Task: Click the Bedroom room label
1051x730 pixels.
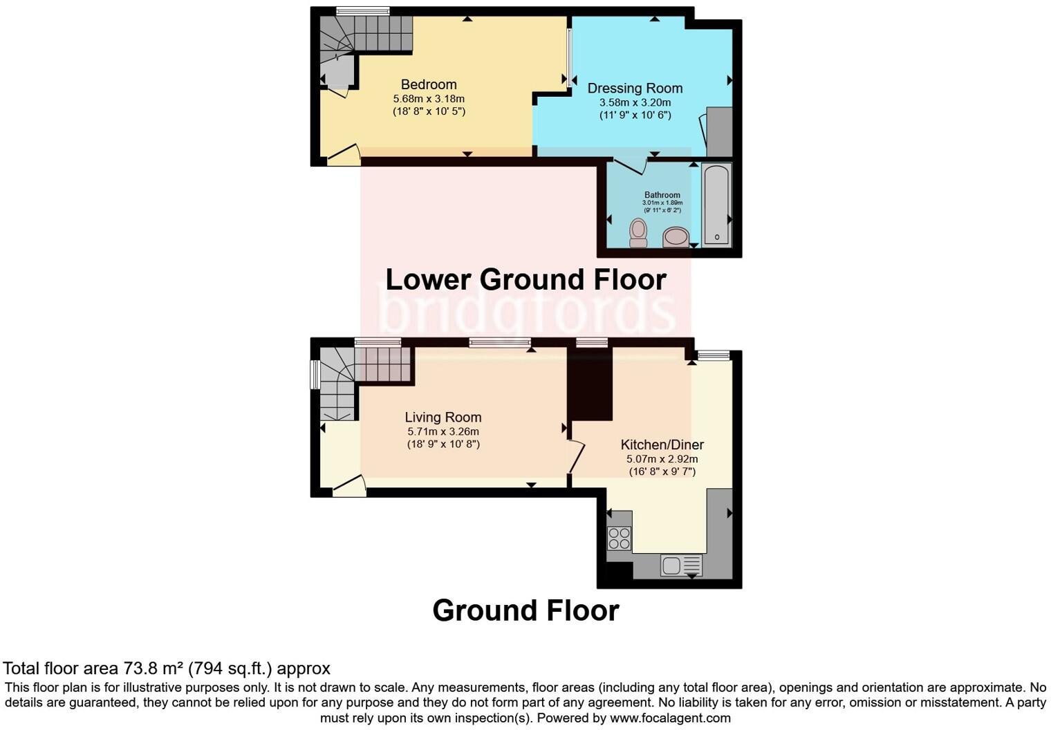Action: point(429,85)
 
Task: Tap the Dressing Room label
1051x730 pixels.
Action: point(635,88)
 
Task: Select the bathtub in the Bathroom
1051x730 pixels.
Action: point(716,205)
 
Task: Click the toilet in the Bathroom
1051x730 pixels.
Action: point(638,233)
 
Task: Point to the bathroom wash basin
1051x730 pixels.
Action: point(676,238)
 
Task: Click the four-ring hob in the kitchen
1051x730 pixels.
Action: point(619,539)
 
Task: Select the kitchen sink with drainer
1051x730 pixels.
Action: point(681,565)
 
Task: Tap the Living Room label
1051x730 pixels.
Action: point(443,418)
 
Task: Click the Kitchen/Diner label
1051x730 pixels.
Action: point(662,445)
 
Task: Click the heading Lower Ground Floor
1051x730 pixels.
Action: point(525,280)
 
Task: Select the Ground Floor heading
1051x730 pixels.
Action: point(525,610)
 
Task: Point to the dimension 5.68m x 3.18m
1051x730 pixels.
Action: point(429,99)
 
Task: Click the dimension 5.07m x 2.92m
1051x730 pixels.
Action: point(662,459)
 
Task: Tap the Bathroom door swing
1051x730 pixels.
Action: point(630,166)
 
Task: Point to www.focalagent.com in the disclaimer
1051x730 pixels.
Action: point(670,718)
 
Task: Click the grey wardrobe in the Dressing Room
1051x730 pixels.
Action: point(719,131)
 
